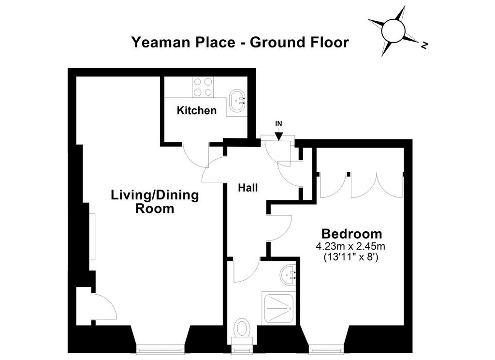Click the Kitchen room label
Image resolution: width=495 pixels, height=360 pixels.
196,110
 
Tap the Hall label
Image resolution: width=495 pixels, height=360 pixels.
248,188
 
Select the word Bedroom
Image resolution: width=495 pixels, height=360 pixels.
351,234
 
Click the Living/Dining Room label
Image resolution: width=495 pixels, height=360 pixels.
155,201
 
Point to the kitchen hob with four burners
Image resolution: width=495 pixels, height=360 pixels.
203,87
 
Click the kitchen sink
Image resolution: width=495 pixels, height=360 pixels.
237,101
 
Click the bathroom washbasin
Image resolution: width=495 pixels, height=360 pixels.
288,274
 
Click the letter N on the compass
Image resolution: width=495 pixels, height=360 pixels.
424,45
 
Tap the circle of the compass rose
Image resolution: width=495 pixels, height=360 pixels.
393,30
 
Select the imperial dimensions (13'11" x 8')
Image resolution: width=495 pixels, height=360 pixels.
351,257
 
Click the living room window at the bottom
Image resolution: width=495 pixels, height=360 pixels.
160,349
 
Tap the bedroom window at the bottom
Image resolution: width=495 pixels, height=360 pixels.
326,349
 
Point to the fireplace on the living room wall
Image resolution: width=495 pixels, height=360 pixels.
92,237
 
